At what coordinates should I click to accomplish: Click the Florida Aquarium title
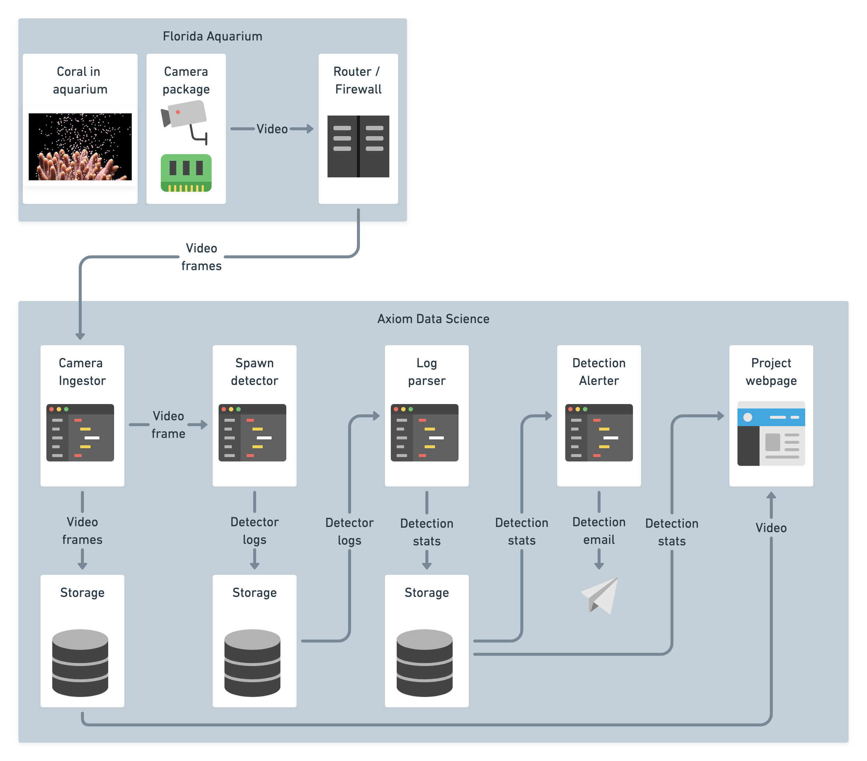pos(212,36)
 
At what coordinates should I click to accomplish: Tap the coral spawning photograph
pos(80,147)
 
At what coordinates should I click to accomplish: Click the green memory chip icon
pos(186,173)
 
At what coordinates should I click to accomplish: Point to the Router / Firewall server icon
pos(358,146)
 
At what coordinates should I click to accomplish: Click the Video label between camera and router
pos(272,129)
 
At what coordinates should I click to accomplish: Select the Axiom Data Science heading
pos(433,319)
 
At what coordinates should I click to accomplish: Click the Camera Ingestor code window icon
pos(80,433)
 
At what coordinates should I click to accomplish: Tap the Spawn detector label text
pos(255,372)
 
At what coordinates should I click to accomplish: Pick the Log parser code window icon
pos(425,433)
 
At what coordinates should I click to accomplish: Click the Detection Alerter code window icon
pos(599,433)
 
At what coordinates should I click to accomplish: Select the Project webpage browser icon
pos(771,433)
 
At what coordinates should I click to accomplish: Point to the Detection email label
pos(599,531)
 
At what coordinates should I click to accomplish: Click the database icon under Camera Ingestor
pos(80,663)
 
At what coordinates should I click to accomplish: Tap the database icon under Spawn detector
pos(252,663)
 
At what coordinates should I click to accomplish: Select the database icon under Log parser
pos(425,663)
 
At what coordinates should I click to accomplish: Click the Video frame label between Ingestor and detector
pos(169,425)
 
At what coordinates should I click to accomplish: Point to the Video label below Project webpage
pos(771,528)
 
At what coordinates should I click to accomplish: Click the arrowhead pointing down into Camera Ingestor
pos(80,336)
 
